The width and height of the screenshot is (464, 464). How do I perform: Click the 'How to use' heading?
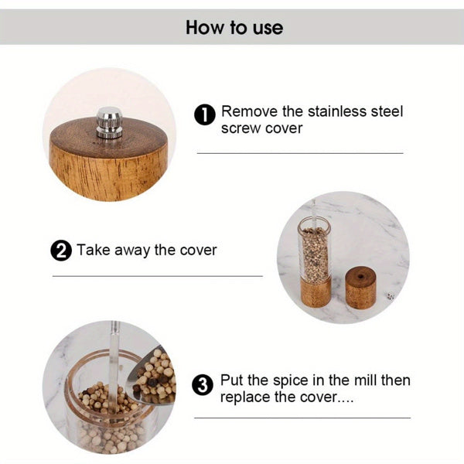pos(234,29)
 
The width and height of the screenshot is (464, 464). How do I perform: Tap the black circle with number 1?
pos(203,116)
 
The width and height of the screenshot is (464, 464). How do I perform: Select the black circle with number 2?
pos(61,251)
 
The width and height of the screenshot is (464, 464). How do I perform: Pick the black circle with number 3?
pos(203,384)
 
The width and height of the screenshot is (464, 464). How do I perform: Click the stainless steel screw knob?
pos(109,123)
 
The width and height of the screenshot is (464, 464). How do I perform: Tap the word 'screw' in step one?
pos(241,128)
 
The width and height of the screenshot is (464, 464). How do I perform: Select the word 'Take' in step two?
pos(93,250)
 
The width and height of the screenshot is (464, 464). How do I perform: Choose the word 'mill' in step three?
pos(361,380)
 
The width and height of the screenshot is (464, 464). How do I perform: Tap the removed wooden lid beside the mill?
pos(360,287)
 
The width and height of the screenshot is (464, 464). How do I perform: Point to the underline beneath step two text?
pos(158,275)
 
